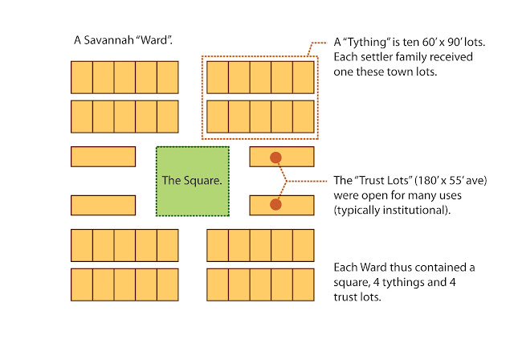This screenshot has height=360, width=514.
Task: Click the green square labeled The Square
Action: click(x=192, y=181)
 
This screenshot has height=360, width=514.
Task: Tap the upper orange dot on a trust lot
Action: click(x=275, y=157)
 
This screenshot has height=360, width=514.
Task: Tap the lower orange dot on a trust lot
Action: click(x=275, y=205)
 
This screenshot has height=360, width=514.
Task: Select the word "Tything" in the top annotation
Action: click(x=365, y=42)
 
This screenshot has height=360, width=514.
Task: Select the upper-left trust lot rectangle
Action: click(x=103, y=157)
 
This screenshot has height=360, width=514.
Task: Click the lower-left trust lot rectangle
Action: click(x=103, y=205)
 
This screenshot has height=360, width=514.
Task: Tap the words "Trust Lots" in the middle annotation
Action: click(x=384, y=180)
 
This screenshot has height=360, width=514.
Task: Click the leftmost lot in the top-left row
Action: click(x=82, y=77)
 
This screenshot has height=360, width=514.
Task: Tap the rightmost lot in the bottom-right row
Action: click(x=303, y=284)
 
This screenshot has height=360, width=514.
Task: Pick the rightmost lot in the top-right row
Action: click(x=303, y=77)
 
